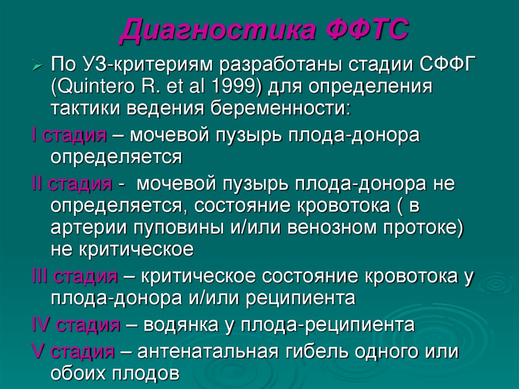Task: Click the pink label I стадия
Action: point(68,135)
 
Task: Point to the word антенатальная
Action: point(205,351)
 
